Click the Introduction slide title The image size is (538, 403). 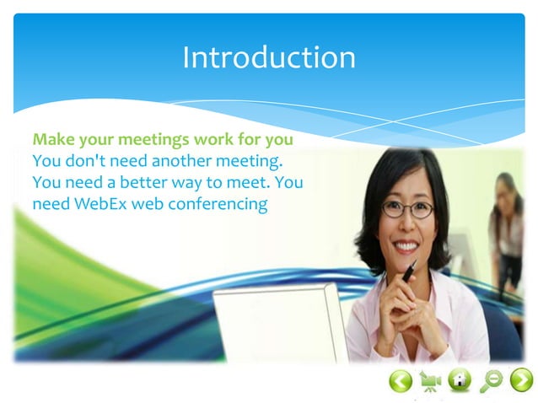[268, 57]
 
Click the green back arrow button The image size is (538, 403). [401, 381]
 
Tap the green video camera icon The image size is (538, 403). [430, 381]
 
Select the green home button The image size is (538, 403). [460, 381]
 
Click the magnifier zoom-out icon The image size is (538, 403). [490, 381]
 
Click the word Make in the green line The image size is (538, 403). [51, 138]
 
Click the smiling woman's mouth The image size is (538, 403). [406, 246]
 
